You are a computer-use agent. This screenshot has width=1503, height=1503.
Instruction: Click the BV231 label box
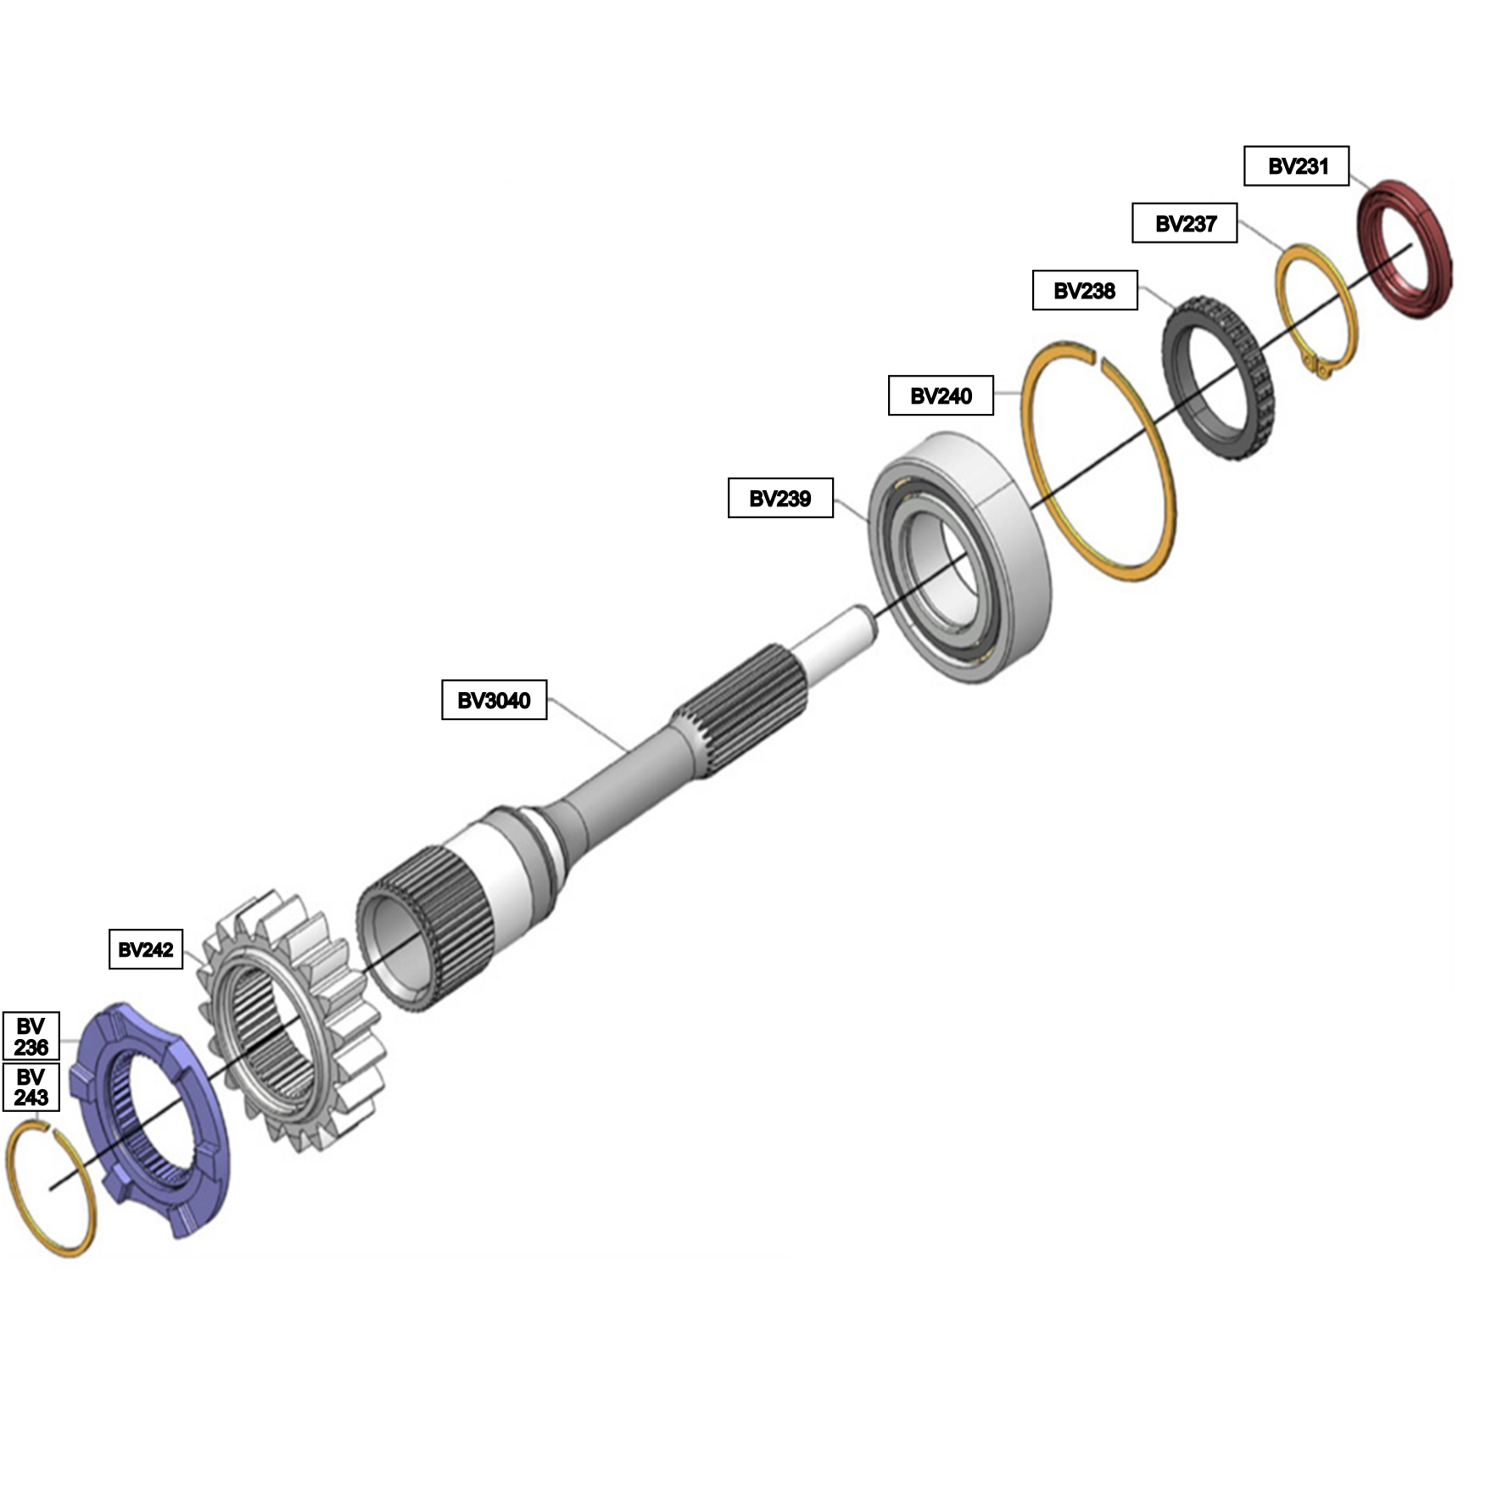tap(1296, 166)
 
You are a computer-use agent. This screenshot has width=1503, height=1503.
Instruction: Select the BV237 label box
tap(1185, 223)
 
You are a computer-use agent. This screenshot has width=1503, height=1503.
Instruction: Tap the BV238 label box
tap(1085, 290)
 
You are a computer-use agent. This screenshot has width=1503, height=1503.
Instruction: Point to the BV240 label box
tap(941, 395)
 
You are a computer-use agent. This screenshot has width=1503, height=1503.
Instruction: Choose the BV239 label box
tap(780, 498)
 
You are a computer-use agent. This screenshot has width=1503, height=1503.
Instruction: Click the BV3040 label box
tap(494, 700)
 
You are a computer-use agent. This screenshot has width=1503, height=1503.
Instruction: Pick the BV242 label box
tap(146, 949)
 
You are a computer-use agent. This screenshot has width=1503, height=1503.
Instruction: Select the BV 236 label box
tap(31, 1036)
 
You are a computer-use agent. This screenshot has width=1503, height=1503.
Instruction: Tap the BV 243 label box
tap(31, 1087)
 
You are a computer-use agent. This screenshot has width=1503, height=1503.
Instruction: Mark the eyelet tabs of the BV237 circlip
tap(1321, 367)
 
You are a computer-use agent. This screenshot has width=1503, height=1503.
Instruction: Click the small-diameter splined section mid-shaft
tap(740, 709)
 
